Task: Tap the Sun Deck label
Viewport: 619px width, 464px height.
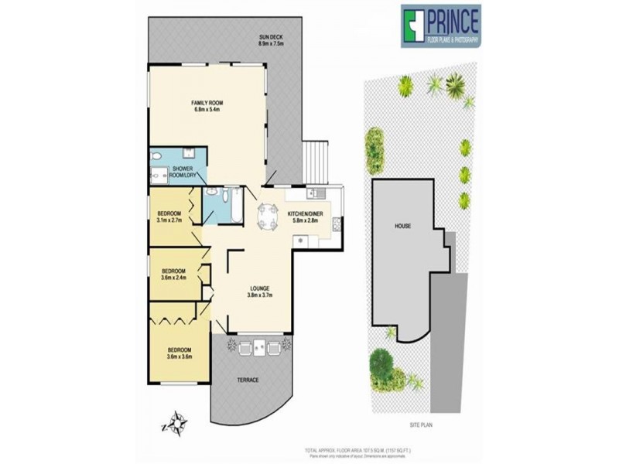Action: [272, 40]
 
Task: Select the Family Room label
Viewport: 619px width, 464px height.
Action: [207, 105]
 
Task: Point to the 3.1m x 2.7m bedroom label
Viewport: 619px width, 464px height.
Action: [169, 217]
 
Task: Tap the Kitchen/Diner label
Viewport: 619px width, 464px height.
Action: [305, 216]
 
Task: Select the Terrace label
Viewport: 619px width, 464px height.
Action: [248, 380]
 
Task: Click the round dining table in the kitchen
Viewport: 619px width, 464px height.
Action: [267, 216]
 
